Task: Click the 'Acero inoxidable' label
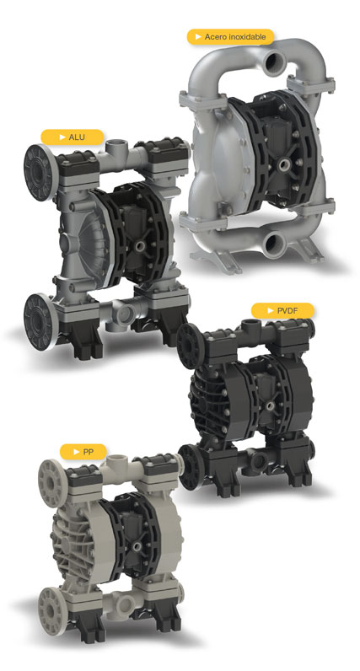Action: click(230, 37)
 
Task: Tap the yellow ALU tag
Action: click(73, 137)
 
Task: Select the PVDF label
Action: click(282, 311)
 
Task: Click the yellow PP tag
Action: click(83, 452)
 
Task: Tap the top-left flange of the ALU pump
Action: click(40, 172)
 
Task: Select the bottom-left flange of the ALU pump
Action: click(39, 321)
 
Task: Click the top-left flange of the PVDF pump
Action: click(190, 346)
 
